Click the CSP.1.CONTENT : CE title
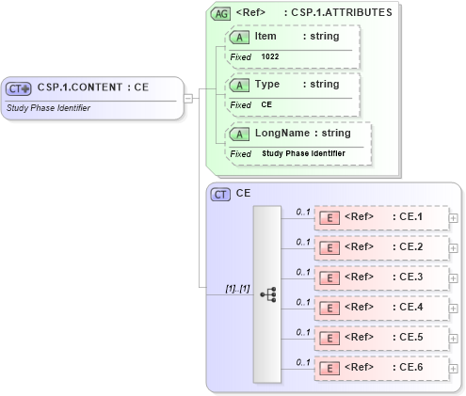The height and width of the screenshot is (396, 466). tap(94, 87)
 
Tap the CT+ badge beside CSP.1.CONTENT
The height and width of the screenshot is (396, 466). tap(19, 88)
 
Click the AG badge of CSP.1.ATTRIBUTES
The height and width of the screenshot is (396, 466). tap(220, 14)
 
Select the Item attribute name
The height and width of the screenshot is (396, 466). tap(265, 36)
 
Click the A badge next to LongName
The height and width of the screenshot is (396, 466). tap(240, 134)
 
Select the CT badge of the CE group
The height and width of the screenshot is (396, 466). tap(221, 194)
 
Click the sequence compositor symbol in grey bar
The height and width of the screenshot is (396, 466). tap(266, 294)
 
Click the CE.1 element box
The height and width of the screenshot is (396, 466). tap(380, 217)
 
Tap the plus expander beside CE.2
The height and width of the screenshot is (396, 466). tap(454, 247)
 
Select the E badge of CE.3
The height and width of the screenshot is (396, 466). tap(330, 277)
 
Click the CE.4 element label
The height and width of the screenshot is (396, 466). tap(410, 308)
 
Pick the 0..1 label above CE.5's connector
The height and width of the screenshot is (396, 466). tap(303, 332)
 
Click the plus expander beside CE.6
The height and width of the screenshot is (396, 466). tap(454, 368)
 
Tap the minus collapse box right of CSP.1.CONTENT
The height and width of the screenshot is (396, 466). tap(188, 97)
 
